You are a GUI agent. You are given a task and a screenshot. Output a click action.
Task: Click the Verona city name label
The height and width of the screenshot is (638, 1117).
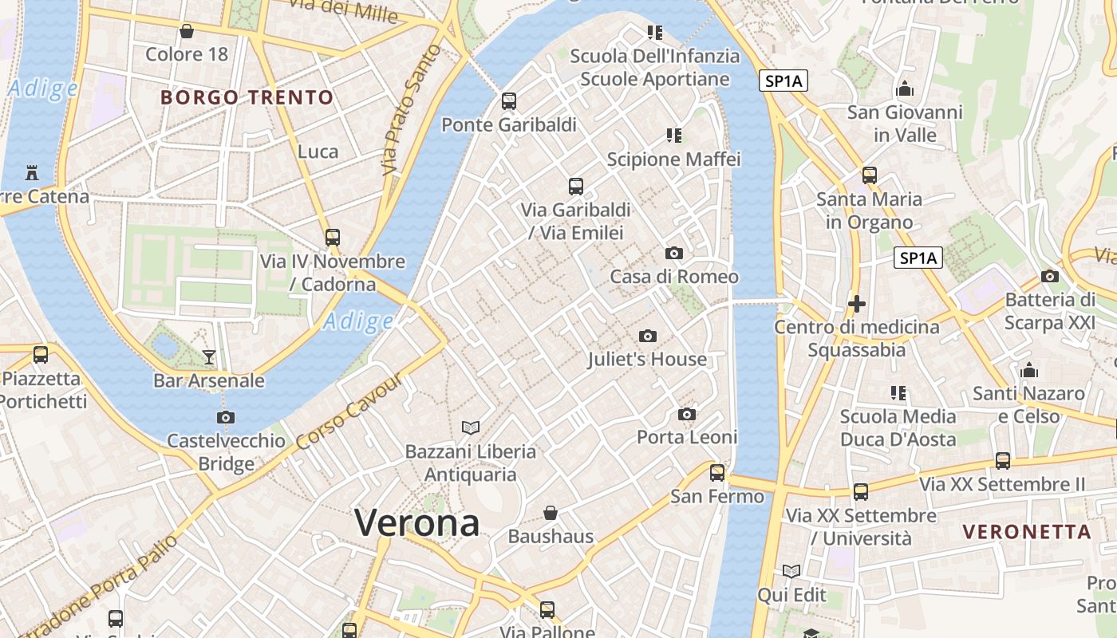point(416,523)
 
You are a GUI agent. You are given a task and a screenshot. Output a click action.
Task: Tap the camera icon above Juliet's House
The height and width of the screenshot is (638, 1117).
point(648,336)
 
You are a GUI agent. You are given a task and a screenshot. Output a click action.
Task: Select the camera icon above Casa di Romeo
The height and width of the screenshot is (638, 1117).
point(674,254)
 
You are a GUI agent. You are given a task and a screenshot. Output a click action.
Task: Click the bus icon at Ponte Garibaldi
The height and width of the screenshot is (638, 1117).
point(509,101)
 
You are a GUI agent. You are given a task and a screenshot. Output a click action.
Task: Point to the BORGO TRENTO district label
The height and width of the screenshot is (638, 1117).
point(247,98)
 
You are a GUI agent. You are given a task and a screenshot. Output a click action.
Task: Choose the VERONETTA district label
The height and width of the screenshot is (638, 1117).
point(1026,532)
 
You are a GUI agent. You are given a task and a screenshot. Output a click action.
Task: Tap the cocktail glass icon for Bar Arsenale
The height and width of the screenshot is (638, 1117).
point(209,356)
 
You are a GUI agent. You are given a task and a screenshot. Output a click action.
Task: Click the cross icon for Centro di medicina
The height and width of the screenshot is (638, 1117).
point(857,304)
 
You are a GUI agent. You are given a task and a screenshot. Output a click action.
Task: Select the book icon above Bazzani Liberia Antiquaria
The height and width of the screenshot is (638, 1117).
point(471,427)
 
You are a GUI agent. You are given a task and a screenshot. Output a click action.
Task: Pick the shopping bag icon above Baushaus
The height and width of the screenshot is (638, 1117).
point(551,512)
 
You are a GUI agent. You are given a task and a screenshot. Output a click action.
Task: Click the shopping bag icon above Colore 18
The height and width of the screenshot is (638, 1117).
point(186,31)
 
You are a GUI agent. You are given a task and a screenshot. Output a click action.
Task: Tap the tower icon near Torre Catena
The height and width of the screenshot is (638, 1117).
point(32,171)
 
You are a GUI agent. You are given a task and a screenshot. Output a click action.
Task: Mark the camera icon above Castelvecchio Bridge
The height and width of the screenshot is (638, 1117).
point(226,417)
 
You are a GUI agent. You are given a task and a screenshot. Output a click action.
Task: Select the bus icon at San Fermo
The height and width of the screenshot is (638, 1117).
point(717,472)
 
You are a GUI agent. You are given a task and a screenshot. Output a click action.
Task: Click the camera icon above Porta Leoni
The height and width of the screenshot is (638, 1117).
point(687,414)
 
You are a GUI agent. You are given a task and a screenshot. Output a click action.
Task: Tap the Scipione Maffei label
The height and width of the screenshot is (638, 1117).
point(673,159)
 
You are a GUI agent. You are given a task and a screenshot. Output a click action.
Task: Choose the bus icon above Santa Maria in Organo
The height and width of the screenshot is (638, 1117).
point(870,175)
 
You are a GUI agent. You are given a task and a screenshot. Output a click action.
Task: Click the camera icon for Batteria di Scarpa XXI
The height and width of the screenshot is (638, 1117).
point(1050,276)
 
